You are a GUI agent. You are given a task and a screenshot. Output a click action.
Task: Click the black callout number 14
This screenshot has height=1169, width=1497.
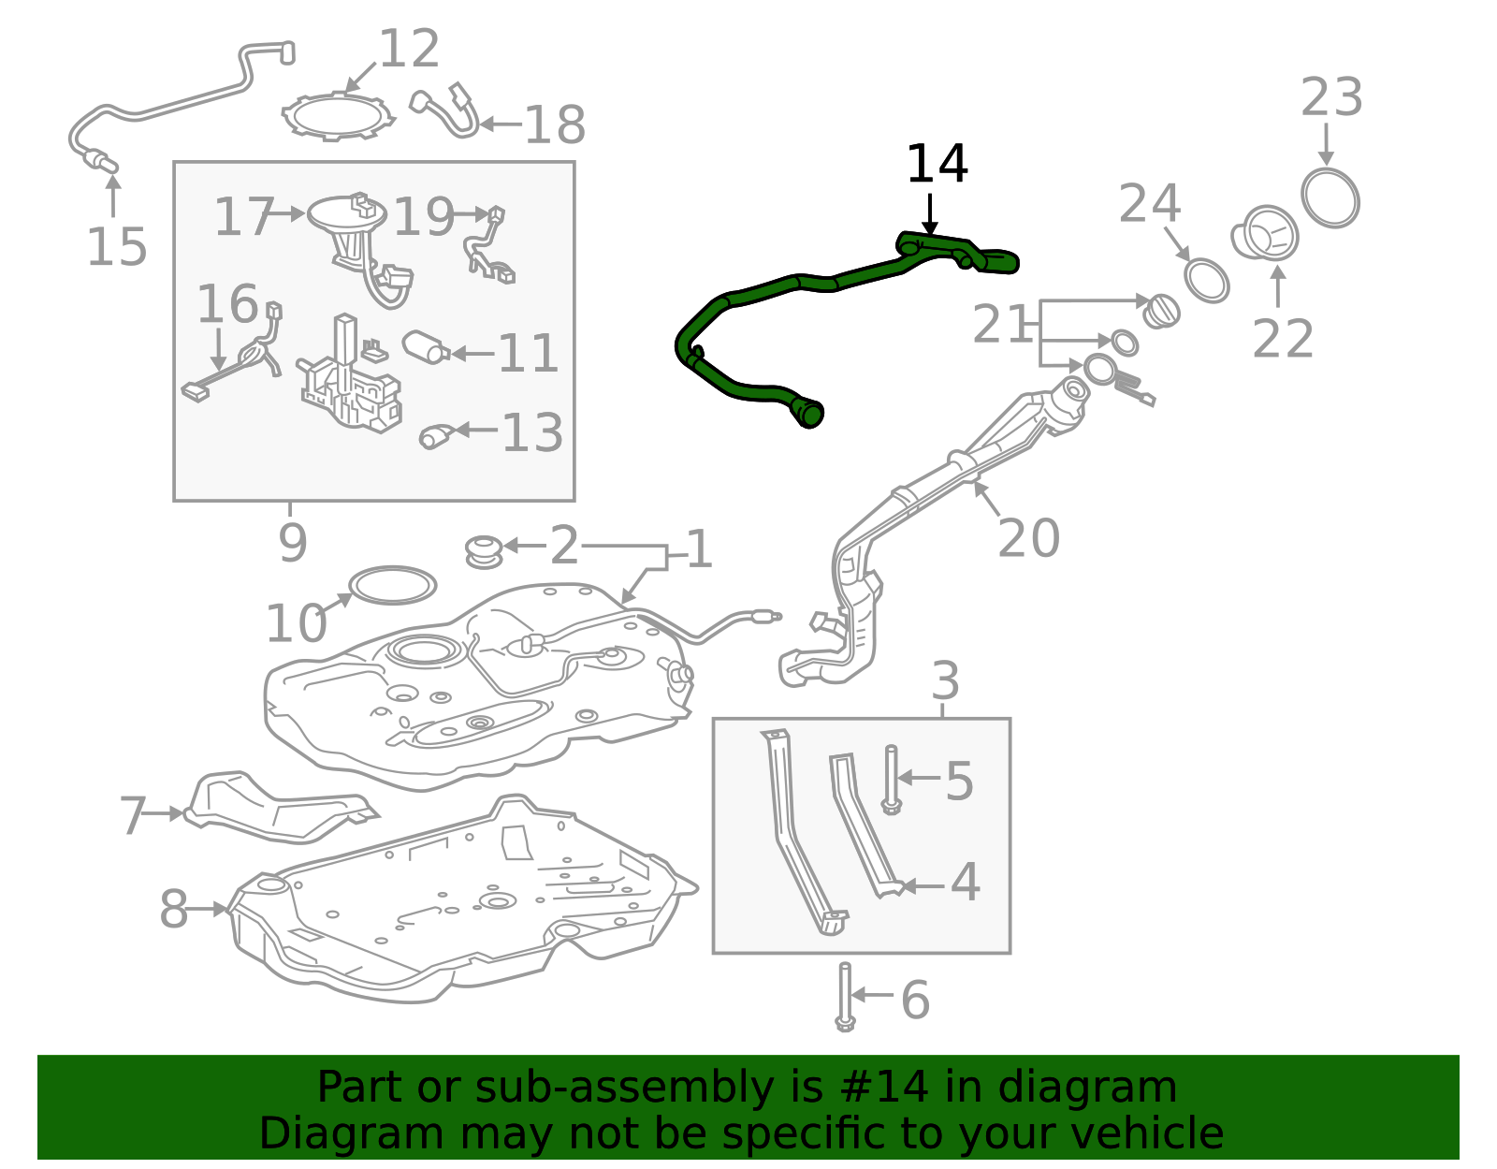coord(937,164)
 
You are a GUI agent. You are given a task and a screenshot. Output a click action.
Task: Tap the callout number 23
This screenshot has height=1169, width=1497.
coord(1331,97)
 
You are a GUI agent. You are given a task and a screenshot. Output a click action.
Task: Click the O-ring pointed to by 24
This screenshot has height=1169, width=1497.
coord(1206,281)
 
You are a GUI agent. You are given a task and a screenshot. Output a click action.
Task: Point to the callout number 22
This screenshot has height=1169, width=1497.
coord(1283,339)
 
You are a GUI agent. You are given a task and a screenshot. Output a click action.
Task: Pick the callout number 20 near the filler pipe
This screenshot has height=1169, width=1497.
coord(1028,538)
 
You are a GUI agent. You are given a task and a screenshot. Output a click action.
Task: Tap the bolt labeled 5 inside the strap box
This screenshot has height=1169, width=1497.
coord(891,780)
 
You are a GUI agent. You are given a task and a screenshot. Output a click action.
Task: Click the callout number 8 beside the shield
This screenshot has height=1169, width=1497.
coord(174,909)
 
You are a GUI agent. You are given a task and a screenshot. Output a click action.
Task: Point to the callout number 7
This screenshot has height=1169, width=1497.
coord(133,815)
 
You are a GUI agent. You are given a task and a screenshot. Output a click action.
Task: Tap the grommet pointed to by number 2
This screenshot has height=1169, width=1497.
coord(484,552)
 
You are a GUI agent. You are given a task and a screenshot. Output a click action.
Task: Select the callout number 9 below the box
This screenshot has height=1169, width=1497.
coord(293,543)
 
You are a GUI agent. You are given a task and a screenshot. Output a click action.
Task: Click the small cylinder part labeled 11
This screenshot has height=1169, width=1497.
coord(426,347)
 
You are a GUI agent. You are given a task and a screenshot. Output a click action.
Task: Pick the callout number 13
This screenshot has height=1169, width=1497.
coord(532,432)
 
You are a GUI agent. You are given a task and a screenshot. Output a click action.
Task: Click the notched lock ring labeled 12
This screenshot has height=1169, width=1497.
coord(338,118)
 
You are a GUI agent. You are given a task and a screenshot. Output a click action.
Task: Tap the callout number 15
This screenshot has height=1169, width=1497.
coord(116,246)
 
